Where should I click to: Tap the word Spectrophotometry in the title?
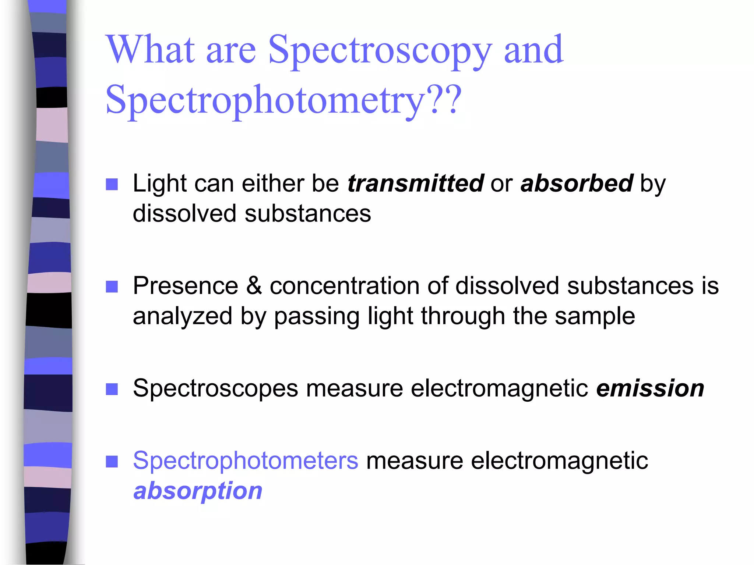pyautogui.click(x=265, y=100)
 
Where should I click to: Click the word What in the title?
pyautogui.click(x=151, y=49)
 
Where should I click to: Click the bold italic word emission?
pyautogui.click(x=650, y=388)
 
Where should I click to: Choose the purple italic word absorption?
pyautogui.click(x=198, y=491)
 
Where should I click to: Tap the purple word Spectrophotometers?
pyautogui.click(x=246, y=461)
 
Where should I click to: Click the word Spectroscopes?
pyautogui.click(x=215, y=388)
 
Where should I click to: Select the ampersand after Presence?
pyautogui.click(x=254, y=286)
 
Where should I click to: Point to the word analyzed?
pyautogui.click(x=183, y=316)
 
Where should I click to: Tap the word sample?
pyautogui.click(x=595, y=316)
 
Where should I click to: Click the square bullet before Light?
pyautogui.click(x=112, y=184)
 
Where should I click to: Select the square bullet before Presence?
pyautogui.click(x=112, y=287)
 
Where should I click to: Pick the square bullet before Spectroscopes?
pyautogui.click(x=112, y=389)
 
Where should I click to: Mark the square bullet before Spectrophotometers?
pyautogui.click(x=112, y=461)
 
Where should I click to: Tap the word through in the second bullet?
pyautogui.click(x=463, y=316)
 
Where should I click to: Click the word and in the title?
pyautogui.click(x=533, y=49)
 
